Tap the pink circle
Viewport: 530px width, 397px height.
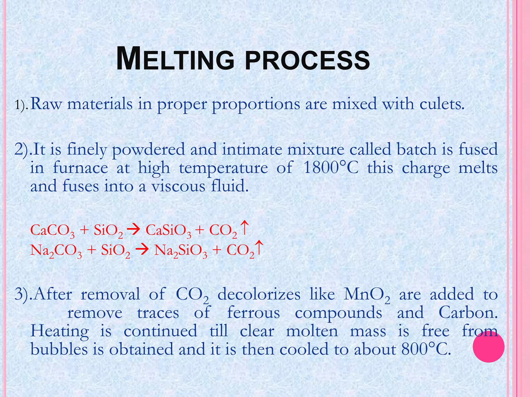pyautogui.click(x=488, y=347)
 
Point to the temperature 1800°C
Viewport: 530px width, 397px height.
pyautogui.click(x=330, y=168)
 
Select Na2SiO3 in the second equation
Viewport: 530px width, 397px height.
pyautogui.click(x=180, y=250)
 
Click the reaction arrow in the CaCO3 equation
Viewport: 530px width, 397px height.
pyautogui.click(x=134, y=229)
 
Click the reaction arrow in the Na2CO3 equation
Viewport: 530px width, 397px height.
pyautogui.click(x=142, y=250)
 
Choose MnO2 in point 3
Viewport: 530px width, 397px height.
pyautogui.click(x=366, y=295)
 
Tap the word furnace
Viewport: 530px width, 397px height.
pyautogui.click(x=80, y=168)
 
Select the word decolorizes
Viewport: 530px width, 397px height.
pyautogui.click(x=259, y=294)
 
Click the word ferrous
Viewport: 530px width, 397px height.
pyautogui.click(x=253, y=313)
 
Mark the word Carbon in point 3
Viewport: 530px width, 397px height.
pyautogui.click(x=468, y=313)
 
